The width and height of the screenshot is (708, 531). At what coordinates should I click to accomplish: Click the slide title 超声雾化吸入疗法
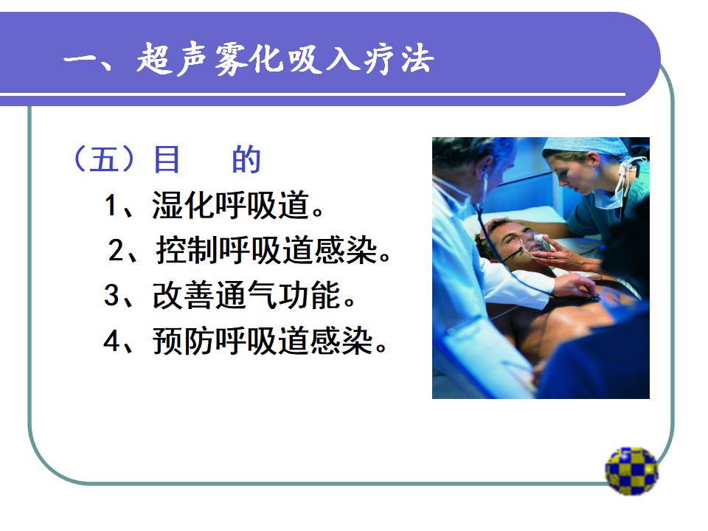(285, 59)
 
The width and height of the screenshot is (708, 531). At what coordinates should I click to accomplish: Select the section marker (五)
(104, 159)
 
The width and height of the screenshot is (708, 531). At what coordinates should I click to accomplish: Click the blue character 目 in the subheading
(167, 159)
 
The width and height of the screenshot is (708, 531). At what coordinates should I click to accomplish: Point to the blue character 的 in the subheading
(246, 159)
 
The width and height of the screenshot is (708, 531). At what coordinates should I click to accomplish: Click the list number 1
(111, 206)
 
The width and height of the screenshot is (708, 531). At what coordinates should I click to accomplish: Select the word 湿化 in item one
(183, 206)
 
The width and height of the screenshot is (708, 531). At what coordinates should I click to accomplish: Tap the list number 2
(116, 251)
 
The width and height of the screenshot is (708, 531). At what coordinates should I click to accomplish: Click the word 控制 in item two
(187, 250)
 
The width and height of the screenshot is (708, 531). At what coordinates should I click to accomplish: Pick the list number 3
(111, 295)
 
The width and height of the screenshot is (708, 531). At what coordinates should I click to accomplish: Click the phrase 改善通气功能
(246, 295)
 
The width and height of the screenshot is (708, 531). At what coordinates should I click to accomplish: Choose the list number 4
(111, 341)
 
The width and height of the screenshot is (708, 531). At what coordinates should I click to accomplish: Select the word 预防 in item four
(183, 341)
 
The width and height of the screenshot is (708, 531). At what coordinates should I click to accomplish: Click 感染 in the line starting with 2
(346, 250)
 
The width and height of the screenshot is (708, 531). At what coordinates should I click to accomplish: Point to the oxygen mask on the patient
(540, 244)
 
